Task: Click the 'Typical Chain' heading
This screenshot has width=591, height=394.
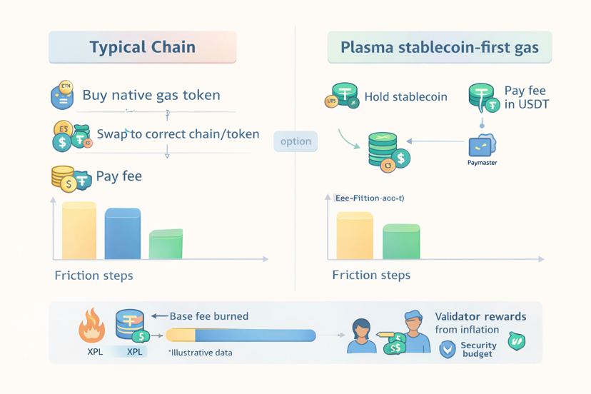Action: coord(142,48)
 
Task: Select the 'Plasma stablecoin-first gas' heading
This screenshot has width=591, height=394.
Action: coord(439,49)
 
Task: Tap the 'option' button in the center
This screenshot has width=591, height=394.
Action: coord(295,141)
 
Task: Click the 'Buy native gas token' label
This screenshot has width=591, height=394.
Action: coord(151,95)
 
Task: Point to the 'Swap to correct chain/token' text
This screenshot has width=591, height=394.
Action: coord(178,134)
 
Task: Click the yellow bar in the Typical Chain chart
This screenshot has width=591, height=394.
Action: coord(79,231)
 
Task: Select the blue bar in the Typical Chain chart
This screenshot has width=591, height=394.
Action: coord(123,234)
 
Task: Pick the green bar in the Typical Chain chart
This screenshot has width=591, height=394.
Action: coord(166,244)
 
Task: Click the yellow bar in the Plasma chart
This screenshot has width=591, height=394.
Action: coord(355,236)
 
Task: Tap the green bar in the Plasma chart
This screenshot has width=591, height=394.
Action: coord(401,242)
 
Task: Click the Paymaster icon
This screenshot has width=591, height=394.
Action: coord(482,146)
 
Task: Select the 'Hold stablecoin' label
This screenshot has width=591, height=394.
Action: coord(405,96)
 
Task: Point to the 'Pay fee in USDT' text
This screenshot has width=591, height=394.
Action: coord(526,97)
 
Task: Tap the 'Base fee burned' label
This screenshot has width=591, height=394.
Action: coord(208,316)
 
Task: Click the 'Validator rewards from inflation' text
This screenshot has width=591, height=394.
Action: coord(480,323)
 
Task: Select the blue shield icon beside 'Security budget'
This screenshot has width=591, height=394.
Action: coord(448,349)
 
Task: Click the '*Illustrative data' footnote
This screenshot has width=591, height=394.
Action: coord(200,352)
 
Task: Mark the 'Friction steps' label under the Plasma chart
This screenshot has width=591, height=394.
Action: coord(371,276)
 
